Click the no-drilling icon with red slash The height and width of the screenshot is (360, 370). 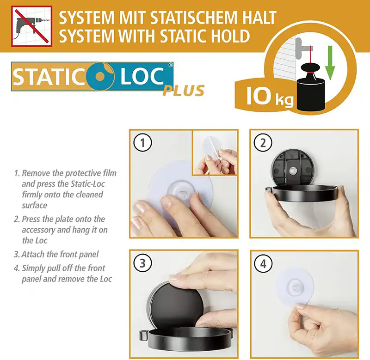pos(31,26)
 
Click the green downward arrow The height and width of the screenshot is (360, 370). pos(330,63)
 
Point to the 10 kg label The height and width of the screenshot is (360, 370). pos(270,97)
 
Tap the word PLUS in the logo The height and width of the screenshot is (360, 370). pos(183,91)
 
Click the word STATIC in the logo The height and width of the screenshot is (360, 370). pos(49,77)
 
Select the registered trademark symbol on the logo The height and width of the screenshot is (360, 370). pos(170,65)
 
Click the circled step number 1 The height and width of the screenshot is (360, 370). pos(142,143)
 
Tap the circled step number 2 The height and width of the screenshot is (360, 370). pos(263,143)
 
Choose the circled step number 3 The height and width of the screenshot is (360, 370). pos(142,263)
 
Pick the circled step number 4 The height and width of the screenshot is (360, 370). pos(263,263)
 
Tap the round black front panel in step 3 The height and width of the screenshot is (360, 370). pos(176,305)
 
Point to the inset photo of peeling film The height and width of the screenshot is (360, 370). pos(215,153)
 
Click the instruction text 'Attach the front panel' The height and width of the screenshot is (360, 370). pos(60,254)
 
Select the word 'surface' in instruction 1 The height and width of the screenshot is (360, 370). pos(34,205)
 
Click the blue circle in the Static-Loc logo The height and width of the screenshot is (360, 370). pos(100,76)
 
